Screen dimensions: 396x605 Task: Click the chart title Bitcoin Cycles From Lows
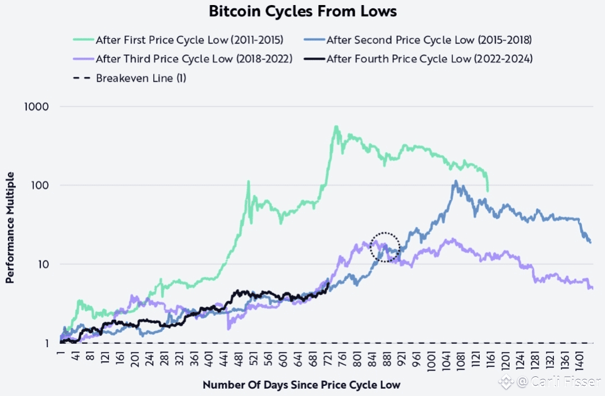click(x=302, y=11)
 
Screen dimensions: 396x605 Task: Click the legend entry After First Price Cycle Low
click(x=189, y=40)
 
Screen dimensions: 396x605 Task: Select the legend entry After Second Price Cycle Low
click(x=429, y=40)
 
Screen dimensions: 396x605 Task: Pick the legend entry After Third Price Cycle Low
click(x=194, y=59)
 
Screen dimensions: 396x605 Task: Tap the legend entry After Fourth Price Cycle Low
click(x=429, y=59)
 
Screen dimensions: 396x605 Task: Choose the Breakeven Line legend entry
click(x=141, y=78)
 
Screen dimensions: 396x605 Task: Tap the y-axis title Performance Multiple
click(x=10, y=227)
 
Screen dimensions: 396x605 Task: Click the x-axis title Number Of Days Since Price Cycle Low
click(x=301, y=385)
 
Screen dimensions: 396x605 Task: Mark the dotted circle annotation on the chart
click(x=385, y=247)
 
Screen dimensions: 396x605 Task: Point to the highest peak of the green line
click(x=336, y=127)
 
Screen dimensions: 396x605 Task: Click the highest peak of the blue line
click(x=456, y=182)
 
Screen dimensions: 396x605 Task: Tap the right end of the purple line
click(x=592, y=288)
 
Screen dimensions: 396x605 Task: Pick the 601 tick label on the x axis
click(x=283, y=361)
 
